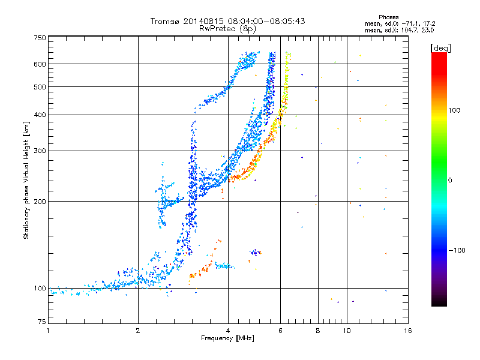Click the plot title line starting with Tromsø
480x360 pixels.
tap(227, 21)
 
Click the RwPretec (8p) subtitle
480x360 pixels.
tap(227, 28)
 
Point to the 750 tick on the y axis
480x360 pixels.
tap(40, 38)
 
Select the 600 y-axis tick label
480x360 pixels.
tap(40, 64)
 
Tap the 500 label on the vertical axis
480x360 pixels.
tap(40, 87)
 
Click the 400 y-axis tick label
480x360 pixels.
tap(40, 115)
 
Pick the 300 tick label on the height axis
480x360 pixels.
tap(40, 151)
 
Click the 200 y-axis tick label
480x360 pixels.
tap(40, 202)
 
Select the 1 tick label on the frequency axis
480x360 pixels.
tap(48, 331)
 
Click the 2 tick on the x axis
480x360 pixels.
tap(138, 331)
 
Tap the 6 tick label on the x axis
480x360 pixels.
tap(280, 331)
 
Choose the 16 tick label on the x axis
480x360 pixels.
tap(407, 331)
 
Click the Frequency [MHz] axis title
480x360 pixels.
tap(227, 339)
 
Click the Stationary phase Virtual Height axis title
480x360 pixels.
tap(26, 181)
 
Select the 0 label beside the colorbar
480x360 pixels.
tap(451, 180)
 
